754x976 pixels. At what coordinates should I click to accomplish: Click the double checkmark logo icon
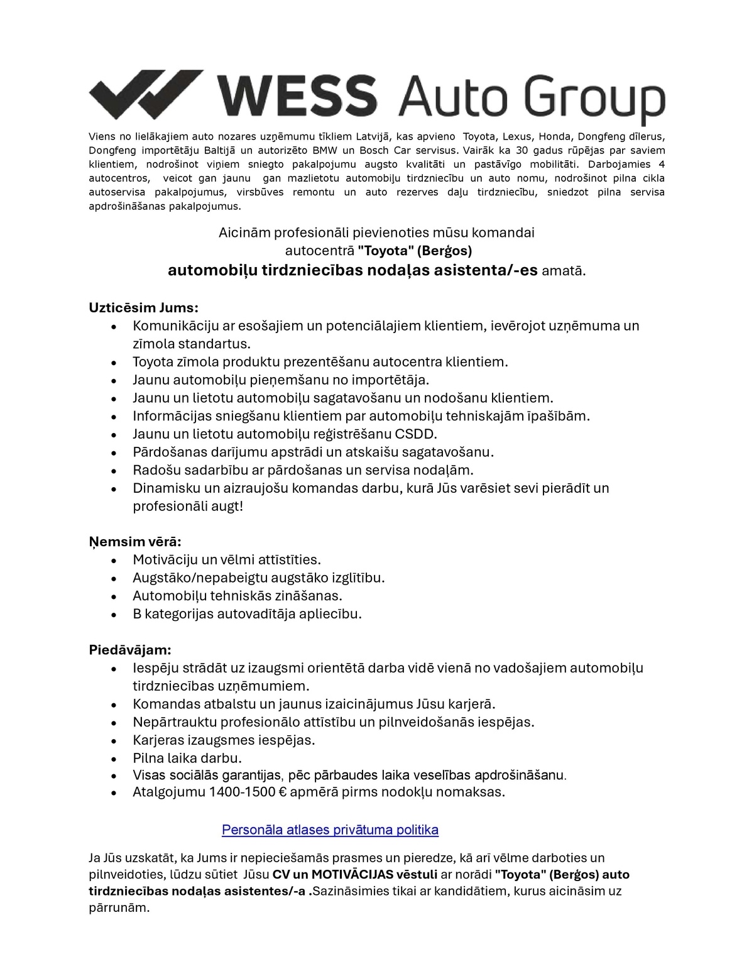(x=146, y=94)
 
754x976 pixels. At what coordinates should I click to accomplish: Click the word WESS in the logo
(x=296, y=96)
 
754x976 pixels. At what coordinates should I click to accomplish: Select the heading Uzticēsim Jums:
(x=143, y=307)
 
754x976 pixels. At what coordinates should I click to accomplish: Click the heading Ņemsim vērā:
(x=134, y=541)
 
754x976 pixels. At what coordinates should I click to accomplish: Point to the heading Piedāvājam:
(x=129, y=649)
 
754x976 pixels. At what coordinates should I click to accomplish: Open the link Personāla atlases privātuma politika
(x=330, y=830)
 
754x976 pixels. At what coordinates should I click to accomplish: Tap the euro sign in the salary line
(x=282, y=792)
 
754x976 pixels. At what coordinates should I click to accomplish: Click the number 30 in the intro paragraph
(x=522, y=150)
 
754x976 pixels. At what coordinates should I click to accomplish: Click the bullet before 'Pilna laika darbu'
(x=114, y=759)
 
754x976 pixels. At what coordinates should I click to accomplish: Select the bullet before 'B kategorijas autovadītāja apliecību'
(x=114, y=615)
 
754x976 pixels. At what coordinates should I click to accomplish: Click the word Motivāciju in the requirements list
(x=165, y=559)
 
